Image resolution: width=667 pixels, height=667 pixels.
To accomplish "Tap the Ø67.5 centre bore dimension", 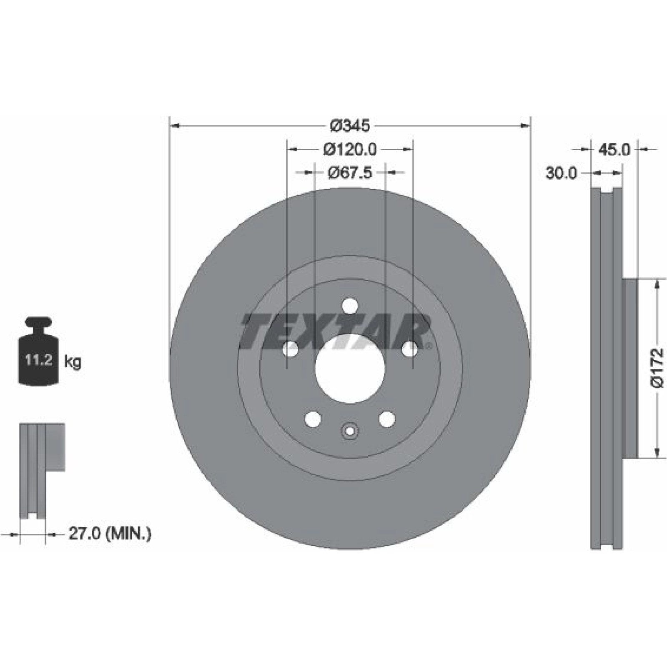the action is tap(350, 172).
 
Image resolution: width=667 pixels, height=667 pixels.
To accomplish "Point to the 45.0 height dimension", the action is tap(614, 149).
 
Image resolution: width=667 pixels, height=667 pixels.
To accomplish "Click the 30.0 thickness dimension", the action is tap(561, 173).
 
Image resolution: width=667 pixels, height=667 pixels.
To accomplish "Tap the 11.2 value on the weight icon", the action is tap(38, 360).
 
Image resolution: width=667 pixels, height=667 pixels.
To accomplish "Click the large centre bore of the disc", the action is tap(350, 369).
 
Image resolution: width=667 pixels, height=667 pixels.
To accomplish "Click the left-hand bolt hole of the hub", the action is tap(290, 349).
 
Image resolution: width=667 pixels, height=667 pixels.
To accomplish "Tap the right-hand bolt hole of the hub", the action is tap(409, 349).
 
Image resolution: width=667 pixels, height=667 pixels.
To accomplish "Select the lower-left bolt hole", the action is tap(313, 419).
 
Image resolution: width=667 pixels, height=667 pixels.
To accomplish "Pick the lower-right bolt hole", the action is tap(387, 419).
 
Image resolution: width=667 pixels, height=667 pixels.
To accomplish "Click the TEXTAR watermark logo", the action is tap(336, 331).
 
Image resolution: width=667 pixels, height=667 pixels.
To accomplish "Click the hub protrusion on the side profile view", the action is tap(630, 369).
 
